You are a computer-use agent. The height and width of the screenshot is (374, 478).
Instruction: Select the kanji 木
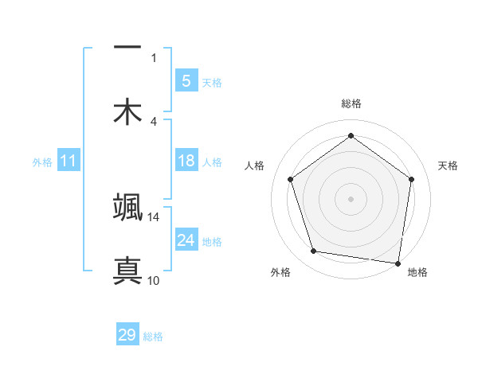127,111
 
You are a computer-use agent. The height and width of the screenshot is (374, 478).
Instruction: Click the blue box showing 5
186,80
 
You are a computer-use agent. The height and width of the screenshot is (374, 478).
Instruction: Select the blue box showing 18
186,161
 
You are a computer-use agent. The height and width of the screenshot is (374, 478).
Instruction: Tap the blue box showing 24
186,240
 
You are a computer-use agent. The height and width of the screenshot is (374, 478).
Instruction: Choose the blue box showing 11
69,161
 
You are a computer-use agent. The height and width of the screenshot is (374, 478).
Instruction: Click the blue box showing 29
127,335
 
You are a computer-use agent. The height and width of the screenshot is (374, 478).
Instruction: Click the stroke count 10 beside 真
153,280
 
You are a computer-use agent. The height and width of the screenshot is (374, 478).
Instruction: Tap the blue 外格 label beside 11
42,162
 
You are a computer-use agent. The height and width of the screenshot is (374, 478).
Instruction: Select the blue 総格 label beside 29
153,336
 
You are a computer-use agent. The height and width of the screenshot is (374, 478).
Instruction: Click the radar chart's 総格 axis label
351,103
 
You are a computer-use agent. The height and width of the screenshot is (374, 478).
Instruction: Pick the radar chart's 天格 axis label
449,166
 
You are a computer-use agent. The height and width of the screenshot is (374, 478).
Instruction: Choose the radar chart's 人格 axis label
255,166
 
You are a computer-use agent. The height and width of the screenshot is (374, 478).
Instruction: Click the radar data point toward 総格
351,136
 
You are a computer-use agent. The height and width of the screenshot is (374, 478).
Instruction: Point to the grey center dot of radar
351,198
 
